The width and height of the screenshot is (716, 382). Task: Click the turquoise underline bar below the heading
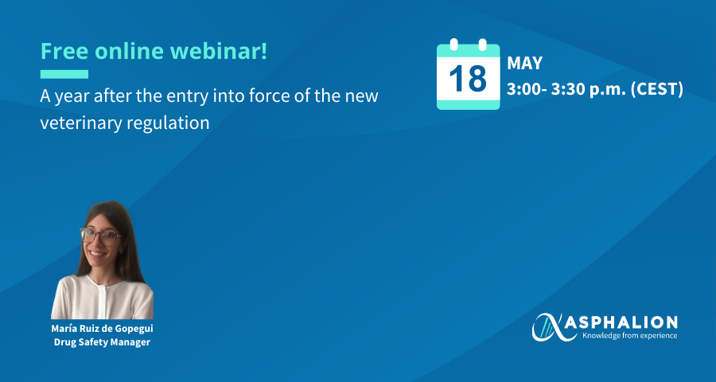click(64, 74)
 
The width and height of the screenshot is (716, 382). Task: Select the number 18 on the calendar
click(468, 79)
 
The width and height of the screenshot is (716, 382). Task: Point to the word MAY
click(525, 64)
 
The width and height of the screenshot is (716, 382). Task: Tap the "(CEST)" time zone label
click(657, 90)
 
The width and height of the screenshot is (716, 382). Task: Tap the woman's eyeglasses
click(100, 236)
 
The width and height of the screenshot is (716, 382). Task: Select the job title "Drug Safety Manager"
click(103, 342)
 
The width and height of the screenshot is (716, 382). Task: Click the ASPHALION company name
click(628, 323)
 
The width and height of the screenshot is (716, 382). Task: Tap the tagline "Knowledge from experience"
click(629, 337)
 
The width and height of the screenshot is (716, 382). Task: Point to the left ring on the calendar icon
click(454, 45)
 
